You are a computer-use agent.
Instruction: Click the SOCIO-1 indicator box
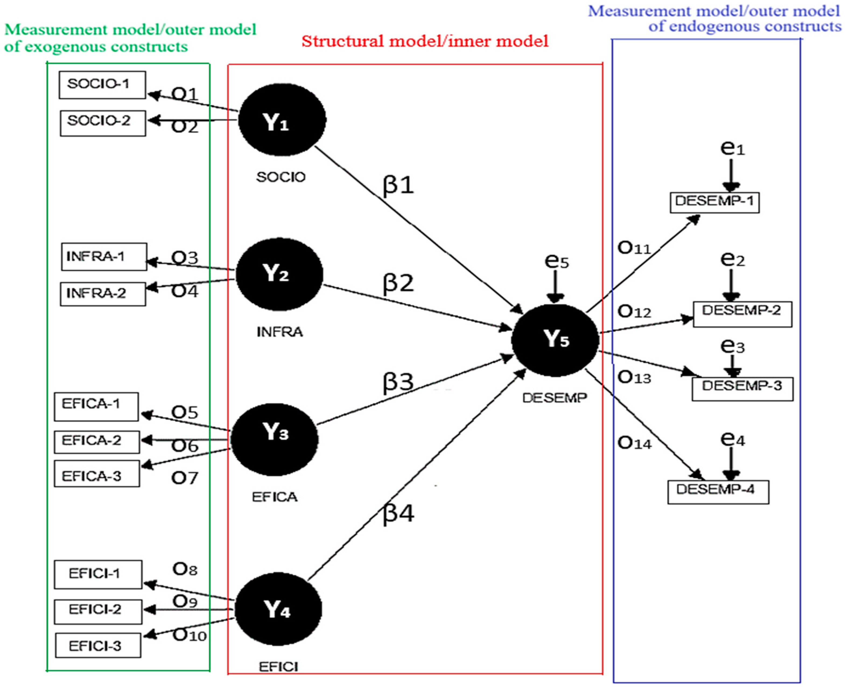tap(102, 85)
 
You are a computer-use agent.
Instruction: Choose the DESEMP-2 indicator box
tap(742, 314)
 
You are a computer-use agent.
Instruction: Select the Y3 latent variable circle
tap(274, 439)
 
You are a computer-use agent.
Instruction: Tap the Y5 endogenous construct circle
tap(555, 340)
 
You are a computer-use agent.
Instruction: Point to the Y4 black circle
tap(278, 609)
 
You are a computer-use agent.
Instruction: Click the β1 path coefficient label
tap(398, 185)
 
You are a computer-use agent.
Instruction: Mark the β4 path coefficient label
tap(398, 513)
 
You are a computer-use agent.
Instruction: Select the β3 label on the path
tap(398, 382)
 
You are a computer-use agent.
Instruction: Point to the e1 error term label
tap(732, 148)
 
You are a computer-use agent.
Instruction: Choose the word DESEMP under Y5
tap(554, 397)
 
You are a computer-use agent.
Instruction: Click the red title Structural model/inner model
tap(425, 41)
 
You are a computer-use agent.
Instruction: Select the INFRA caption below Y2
tap(279, 332)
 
